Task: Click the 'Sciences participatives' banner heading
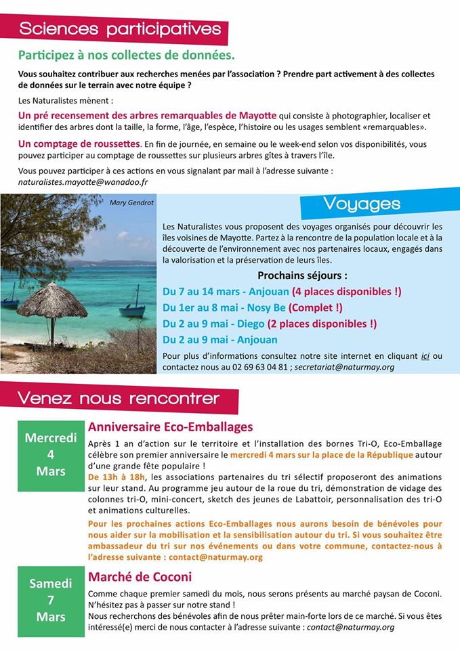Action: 120,29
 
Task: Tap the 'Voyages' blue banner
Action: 362,203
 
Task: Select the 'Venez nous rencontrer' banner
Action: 119,397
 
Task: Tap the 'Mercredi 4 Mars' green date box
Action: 51,454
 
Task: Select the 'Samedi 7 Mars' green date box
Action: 51,600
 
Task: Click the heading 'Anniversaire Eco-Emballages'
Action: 170,427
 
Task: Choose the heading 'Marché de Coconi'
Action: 140,577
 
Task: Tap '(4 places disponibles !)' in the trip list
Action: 346,292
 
